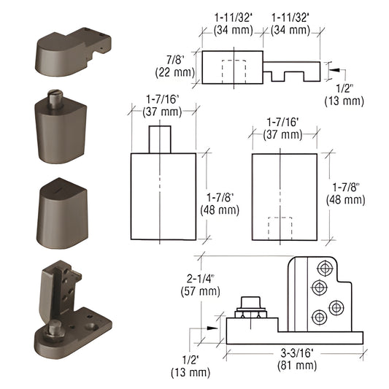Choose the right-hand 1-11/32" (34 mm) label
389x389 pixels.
coord(295,23)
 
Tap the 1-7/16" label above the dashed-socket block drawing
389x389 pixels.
coord(284,128)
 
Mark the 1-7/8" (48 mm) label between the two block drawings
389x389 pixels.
coord(220,204)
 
